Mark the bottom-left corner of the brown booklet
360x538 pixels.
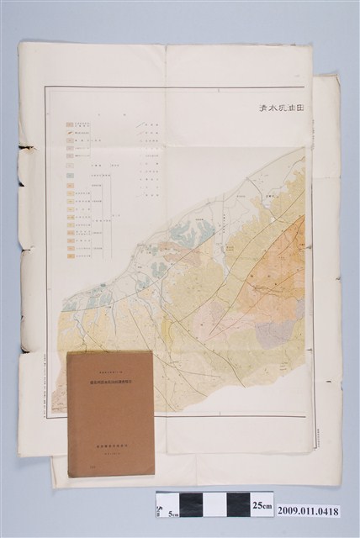[70, 476]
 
